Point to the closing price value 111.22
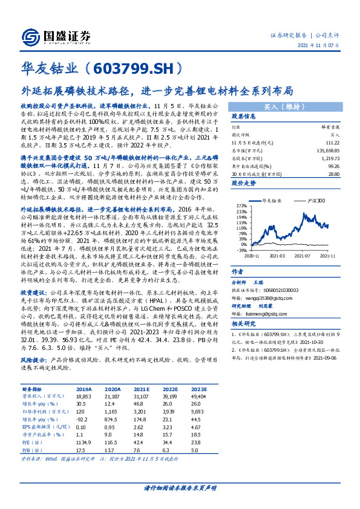332,142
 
